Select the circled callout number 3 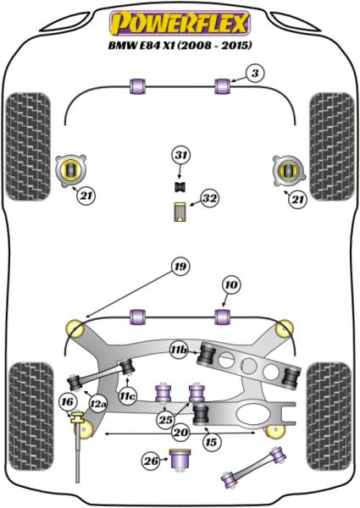coord(254,75)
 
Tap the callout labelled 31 coord(180,155)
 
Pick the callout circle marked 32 coord(208,200)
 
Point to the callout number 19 coord(179,268)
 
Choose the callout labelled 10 coord(230,284)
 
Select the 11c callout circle coord(127,395)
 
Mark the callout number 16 coord(67,401)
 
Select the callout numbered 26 coord(151,461)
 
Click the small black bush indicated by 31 coord(180,185)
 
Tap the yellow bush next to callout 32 coord(180,213)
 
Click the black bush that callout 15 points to coord(202,414)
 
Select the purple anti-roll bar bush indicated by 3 coord(224,86)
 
